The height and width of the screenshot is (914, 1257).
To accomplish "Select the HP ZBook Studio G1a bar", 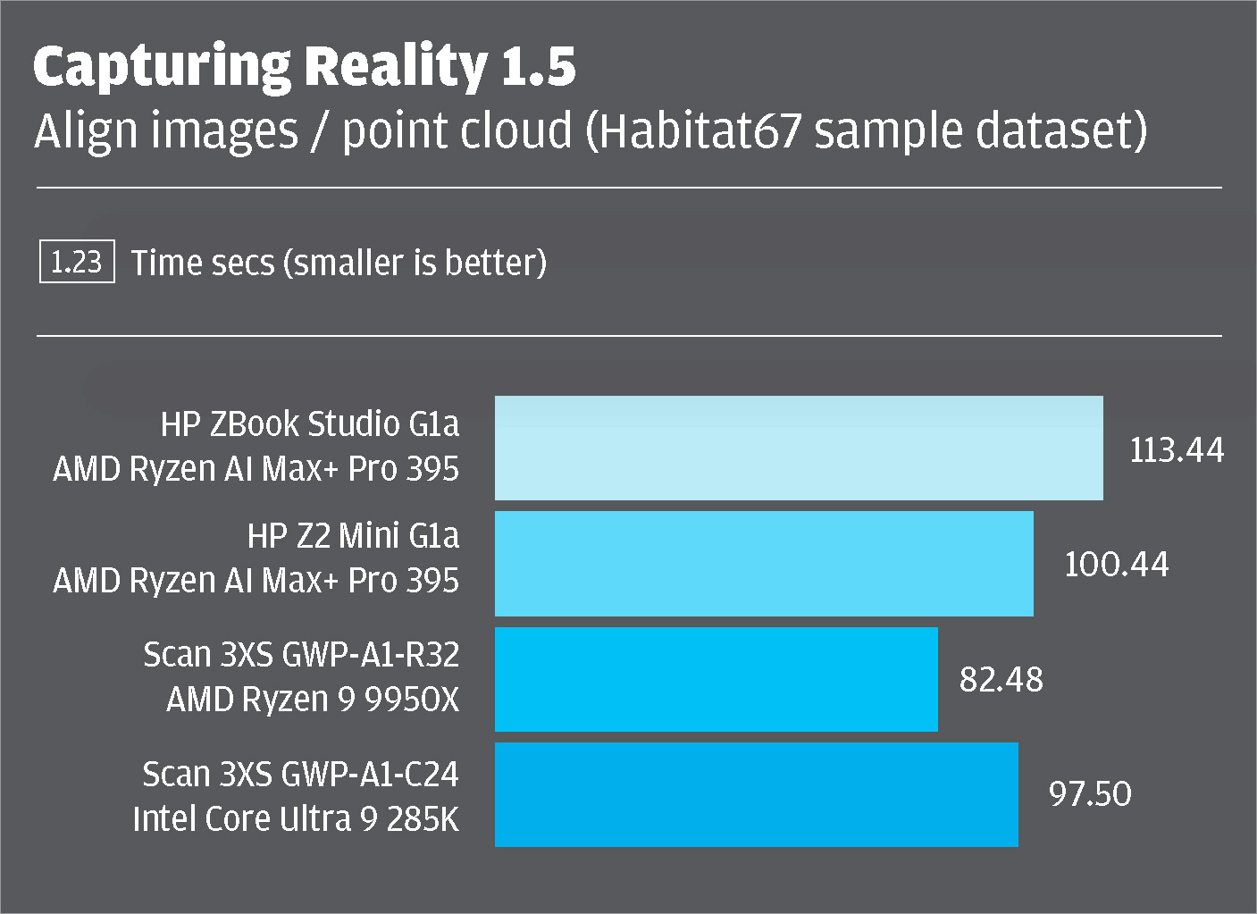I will tap(799, 448).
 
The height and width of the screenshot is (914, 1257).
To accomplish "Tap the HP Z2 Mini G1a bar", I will tap(764, 563).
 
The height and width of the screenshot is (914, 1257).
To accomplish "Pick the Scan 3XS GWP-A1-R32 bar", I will tap(716, 679).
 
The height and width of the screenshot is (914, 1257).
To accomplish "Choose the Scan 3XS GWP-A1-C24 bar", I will tap(756, 794).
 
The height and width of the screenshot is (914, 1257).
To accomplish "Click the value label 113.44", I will tap(1176, 449).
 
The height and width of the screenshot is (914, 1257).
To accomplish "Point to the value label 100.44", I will tap(1116, 565).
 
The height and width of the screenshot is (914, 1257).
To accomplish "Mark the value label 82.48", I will tap(1001, 680).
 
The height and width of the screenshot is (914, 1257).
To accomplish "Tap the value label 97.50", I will tap(1089, 794).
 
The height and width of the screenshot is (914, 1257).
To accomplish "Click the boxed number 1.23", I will tap(77, 263).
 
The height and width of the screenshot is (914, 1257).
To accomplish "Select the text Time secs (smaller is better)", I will tap(339, 264).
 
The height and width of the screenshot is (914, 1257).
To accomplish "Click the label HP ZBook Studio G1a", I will tap(310, 424).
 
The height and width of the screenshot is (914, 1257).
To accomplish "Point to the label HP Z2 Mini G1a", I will tap(353, 536).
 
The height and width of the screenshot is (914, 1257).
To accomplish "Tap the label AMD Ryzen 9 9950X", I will tap(313, 700).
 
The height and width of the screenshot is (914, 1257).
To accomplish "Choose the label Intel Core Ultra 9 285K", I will tap(296, 818).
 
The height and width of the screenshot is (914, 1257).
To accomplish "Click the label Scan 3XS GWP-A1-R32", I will tap(301, 655).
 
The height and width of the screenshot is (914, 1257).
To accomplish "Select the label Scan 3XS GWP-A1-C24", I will tap(300, 774).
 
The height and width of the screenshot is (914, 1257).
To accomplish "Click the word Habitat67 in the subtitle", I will tap(699, 130).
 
